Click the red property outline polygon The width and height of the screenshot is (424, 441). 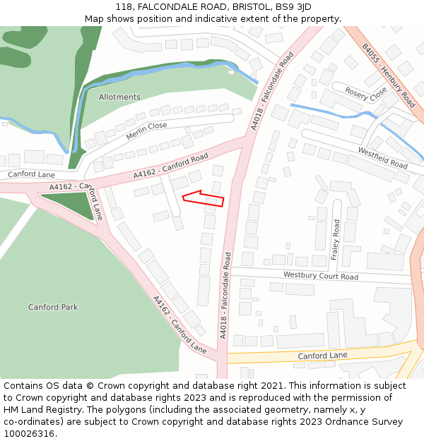(204, 198)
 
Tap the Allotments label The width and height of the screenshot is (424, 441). (119, 97)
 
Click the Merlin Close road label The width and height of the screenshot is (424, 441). (146, 130)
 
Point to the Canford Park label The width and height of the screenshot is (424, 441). (53, 308)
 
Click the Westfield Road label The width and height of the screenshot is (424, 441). (383, 158)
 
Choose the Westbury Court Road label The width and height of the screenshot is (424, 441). (320, 276)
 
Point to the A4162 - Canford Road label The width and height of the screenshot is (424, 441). (171, 166)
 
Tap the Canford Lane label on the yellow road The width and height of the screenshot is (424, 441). (322, 356)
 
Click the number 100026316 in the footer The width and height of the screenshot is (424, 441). (29, 434)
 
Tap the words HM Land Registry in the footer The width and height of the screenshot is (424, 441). (40, 410)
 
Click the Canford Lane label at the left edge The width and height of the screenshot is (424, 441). (31, 174)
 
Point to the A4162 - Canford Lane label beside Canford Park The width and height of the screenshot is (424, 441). (179, 325)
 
